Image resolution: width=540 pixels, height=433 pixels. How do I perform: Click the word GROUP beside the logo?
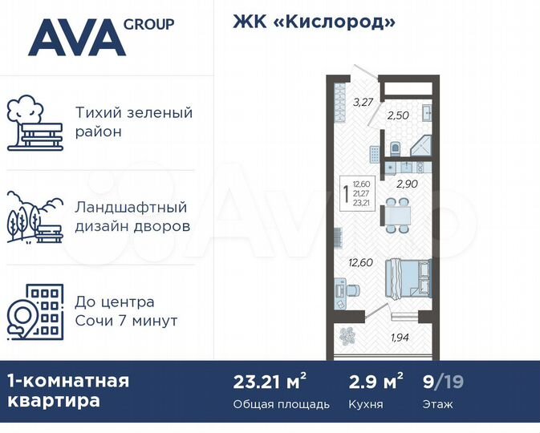click(x=148, y=24)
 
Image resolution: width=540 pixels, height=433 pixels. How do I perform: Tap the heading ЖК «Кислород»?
click(x=314, y=22)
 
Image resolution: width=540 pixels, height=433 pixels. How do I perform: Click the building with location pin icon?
click(x=34, y=310)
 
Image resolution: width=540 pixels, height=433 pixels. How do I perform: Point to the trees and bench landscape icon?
click(x=34, y=216)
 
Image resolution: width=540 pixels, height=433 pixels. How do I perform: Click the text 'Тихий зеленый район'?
click(x=133, y=122)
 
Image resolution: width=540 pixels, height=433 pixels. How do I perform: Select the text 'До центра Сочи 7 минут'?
click(x=126, y=312)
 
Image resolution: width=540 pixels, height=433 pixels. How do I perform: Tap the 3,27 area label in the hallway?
click(x=363, y=101)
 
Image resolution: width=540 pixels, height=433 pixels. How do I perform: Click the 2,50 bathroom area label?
click(x=398, y=115)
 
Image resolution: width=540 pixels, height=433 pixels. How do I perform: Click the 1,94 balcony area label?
click(x=400, y=337)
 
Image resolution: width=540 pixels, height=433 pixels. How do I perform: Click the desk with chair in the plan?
click(x=344, y=289)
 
